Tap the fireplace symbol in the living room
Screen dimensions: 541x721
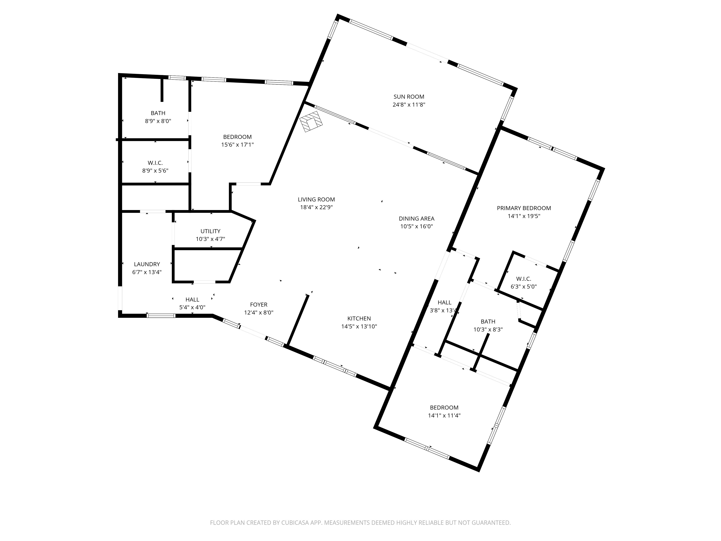tap(311, 122)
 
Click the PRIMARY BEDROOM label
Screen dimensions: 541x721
tap(524, 208)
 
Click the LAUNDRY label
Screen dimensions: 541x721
tap(147, 264)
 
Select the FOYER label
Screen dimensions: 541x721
tap(258, 305)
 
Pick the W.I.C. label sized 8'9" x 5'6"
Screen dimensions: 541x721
tap(155, 163)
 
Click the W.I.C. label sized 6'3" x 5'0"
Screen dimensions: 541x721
tap(523, 279)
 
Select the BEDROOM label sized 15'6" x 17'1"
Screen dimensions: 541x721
tap(237, 137)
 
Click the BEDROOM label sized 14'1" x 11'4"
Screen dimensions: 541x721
tap(444, 408)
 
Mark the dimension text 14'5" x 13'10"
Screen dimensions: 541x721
tap(359, 326)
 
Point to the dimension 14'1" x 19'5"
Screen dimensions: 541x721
tap(524, 216)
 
